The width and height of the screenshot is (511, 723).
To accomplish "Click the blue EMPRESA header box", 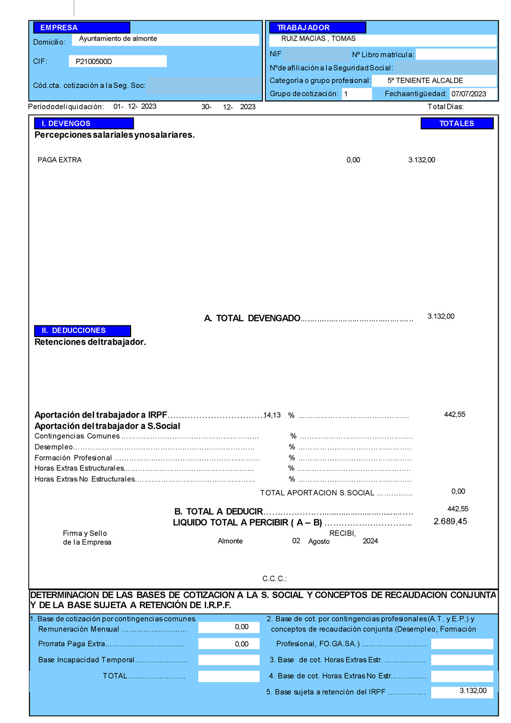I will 81,27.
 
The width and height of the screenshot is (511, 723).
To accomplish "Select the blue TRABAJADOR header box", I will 317,27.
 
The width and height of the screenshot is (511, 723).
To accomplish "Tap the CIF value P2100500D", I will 94,62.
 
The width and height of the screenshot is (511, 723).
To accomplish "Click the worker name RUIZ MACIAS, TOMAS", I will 318,39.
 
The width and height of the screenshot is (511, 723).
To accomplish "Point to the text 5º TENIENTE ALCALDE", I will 425,81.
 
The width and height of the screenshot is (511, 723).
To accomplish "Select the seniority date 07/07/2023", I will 468,94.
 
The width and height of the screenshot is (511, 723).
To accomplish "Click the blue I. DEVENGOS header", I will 84,124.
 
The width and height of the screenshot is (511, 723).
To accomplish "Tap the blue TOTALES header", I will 457,124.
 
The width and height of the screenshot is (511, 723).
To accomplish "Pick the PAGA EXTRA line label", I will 60,160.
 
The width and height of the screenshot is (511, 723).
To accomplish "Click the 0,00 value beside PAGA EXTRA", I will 353,160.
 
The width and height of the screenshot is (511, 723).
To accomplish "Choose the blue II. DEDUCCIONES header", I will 82,330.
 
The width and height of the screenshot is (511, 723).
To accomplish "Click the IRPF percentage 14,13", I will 272,415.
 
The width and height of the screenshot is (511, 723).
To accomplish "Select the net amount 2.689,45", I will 450,521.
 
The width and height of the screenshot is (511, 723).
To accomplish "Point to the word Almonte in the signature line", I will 230,541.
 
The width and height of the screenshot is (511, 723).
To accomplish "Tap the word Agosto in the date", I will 319,542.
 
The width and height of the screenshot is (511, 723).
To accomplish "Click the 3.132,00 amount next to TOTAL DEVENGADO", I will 441,316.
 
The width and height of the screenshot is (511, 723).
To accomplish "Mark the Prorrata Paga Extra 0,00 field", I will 229,644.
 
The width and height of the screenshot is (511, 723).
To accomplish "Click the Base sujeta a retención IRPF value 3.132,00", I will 462,691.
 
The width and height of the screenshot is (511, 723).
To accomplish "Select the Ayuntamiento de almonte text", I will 118,39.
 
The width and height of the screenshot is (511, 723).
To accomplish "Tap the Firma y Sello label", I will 85,534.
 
